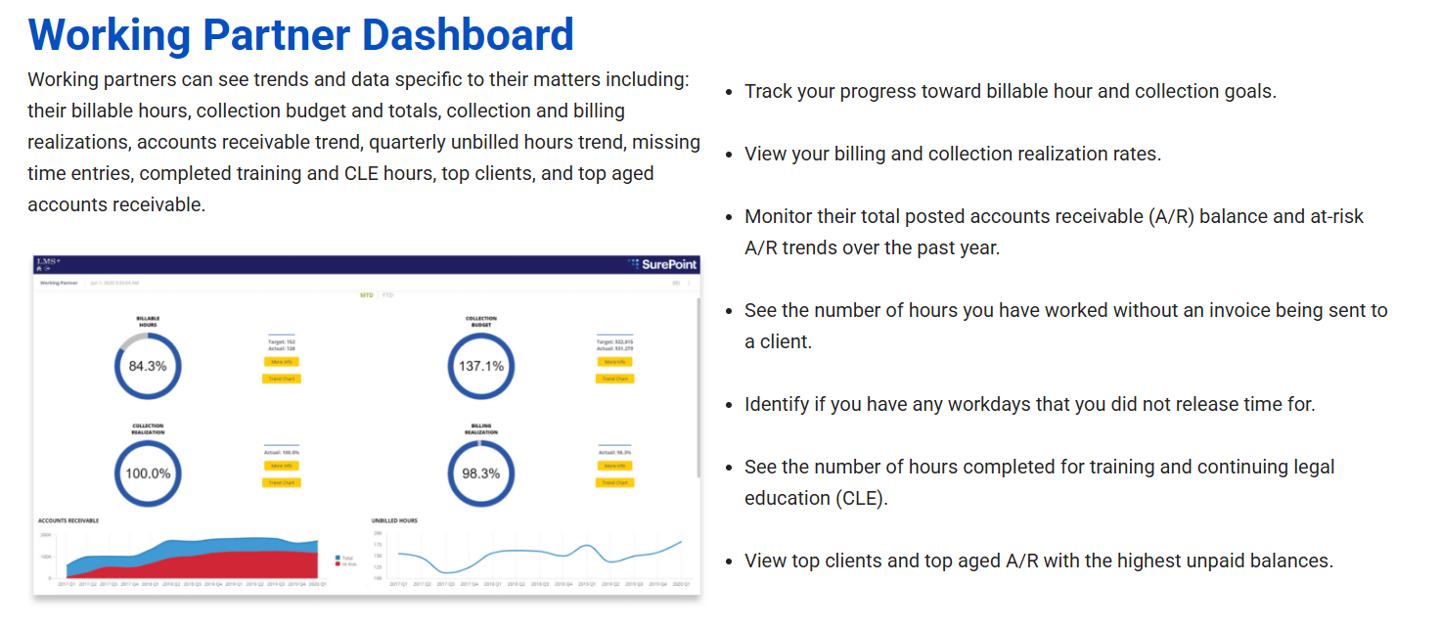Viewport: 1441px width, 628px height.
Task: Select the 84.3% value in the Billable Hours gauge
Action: pos(148,366)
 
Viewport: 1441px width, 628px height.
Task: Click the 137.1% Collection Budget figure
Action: pos(481,366)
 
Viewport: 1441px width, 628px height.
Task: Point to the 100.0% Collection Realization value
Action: pos(148,473)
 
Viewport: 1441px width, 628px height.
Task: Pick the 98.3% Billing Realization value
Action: pos(481,473)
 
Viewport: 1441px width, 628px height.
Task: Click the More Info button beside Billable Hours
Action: pos(282,361)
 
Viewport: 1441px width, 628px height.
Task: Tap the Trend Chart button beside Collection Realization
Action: pos(282,482)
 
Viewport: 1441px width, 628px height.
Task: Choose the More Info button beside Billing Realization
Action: pos(614,466)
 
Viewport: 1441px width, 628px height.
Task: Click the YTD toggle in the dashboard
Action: pos(387,294)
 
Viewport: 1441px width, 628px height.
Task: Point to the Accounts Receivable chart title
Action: pos(68,520)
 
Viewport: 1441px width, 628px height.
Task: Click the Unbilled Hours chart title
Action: pos(394,520)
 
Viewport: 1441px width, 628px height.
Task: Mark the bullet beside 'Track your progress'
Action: pos(729,92)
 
